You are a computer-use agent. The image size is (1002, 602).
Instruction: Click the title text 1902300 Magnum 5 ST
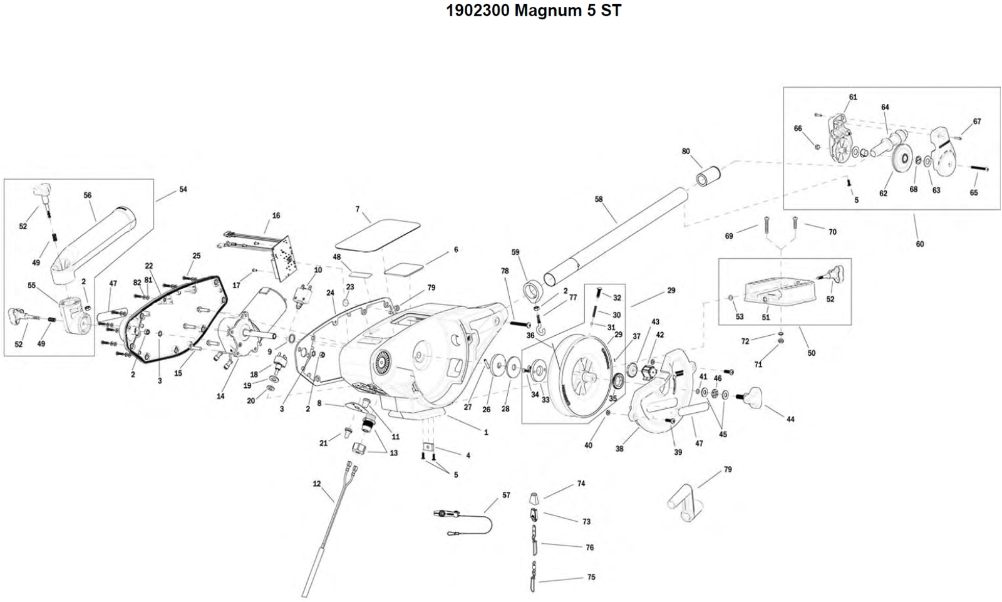[533, 11]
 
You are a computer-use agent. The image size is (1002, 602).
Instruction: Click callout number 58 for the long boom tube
[599, 199]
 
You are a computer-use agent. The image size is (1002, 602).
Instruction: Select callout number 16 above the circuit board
[276, 215]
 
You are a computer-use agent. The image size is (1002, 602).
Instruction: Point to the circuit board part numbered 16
[285, 257]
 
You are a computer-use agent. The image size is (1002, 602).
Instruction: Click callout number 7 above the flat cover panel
[358, 209]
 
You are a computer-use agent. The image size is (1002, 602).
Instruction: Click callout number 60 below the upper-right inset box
[920, 244]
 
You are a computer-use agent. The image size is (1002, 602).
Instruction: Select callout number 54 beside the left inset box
[183, 189]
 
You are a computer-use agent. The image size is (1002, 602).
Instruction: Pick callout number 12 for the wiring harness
[317, 484]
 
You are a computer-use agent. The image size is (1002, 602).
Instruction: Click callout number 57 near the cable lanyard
[506, 495]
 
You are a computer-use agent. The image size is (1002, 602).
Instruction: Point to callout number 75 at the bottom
[591, 577]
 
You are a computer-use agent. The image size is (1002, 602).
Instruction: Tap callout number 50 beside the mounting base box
[812, 353]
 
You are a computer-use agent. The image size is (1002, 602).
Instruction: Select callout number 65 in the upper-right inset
[974, 192]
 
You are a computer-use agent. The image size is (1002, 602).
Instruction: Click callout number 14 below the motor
[220, 396]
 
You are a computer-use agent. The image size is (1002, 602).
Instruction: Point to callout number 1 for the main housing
[486, 432]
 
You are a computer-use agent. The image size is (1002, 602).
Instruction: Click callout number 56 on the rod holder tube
[88, 195]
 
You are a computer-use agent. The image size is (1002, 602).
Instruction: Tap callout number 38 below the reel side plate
[619, 449]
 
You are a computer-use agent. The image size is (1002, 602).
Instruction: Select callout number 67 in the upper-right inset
[977, 122]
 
